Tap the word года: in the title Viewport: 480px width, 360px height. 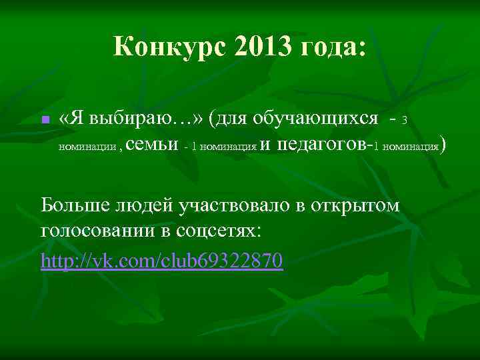point(332,48)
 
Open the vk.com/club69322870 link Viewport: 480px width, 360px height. point(162,259)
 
